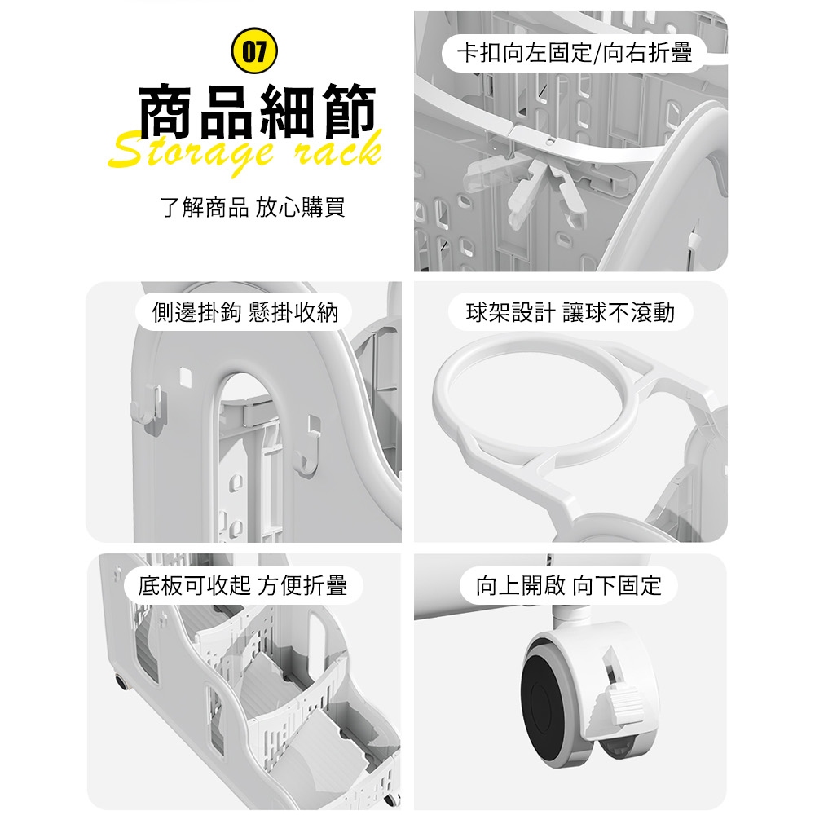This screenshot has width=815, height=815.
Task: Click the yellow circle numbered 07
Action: point(254,51)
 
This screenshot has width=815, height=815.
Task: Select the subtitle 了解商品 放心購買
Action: point(253,207)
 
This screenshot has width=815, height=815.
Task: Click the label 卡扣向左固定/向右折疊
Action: point(575,52)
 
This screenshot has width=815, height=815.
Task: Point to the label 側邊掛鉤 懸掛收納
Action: point(244,312)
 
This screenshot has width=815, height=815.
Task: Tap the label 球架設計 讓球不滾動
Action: point(570,312)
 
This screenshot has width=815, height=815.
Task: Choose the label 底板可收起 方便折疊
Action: point(242,585)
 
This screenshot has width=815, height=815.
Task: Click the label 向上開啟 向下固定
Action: point(569,585)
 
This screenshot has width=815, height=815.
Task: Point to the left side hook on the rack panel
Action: point(150,405)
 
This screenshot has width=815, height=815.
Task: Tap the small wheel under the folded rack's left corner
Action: point(121,681)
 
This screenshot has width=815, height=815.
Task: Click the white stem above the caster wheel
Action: point(571,616)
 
